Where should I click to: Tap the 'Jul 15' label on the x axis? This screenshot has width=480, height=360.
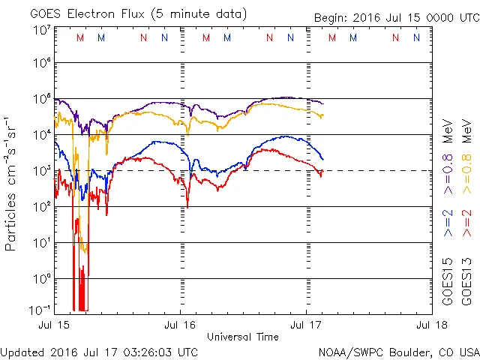coord(54,326)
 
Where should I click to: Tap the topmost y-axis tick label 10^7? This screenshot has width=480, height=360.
coord(41,30)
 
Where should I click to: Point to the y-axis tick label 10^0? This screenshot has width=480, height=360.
coord(41,278)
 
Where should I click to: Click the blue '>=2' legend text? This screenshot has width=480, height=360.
coord(448,223)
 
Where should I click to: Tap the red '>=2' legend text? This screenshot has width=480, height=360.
coord(469,223)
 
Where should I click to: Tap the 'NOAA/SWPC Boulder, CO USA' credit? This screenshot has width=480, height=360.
coord(398,352)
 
